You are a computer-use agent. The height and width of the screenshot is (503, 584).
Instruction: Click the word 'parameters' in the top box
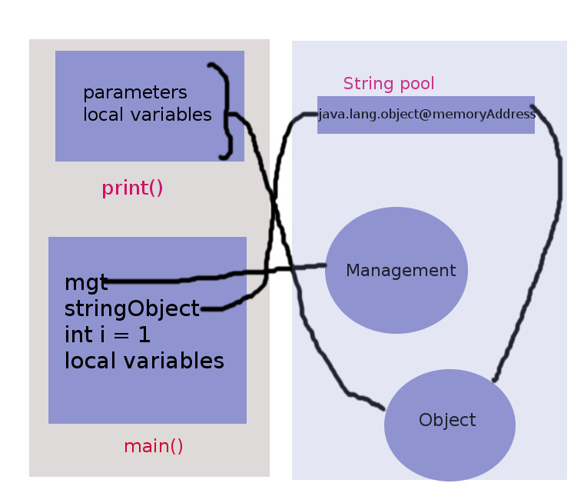pyautogui.click(x=134, y=92)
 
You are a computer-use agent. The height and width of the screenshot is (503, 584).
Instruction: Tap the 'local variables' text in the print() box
pyautogui.click(x=147, y=115)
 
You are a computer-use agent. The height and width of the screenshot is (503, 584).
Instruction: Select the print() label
pyautogui.click(x=132, y=188)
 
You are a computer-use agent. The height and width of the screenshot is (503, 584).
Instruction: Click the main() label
pyautogui.click(x=153, y=446)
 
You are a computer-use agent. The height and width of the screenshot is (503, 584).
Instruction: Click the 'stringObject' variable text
pyautogui.click(x=131, y=308)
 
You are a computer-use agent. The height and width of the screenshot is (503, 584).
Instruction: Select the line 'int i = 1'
pyautogui.click(x=107, y=335)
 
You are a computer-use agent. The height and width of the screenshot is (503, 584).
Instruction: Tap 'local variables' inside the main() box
pyautogui.click(x=144, y=361)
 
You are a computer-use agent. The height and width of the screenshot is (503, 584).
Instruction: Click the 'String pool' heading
pyautogui.click(x=388, y=83)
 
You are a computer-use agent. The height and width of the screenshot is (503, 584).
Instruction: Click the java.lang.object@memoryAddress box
pyautogui.click(x=426, y=115)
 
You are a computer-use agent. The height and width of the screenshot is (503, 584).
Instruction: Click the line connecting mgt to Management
pyautogui.click(x=192, y=278)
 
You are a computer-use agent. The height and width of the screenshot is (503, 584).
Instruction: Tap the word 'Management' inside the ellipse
pyautogui.click(x=400, y=271)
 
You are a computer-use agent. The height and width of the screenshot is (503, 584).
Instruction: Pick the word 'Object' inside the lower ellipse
pyautogui.click(x=447, y=420)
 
